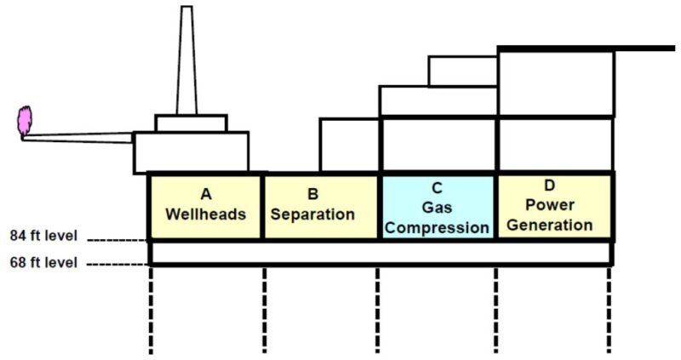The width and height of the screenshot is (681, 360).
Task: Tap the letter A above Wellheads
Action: click(x=205, y=194)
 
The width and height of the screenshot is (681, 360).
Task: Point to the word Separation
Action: click(x=312, y=214)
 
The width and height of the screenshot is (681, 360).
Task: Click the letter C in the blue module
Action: click(x=437, y=188)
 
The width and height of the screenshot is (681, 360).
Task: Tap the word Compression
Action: click(x=437, y=227)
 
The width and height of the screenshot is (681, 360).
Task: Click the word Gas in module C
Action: click(x=437, y=208)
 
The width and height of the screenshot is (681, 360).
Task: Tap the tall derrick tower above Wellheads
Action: click(x=186, y=64)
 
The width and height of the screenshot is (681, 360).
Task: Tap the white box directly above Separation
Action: click(x=349, y=146)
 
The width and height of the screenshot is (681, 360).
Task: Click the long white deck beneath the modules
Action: click(x=380, y=253)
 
